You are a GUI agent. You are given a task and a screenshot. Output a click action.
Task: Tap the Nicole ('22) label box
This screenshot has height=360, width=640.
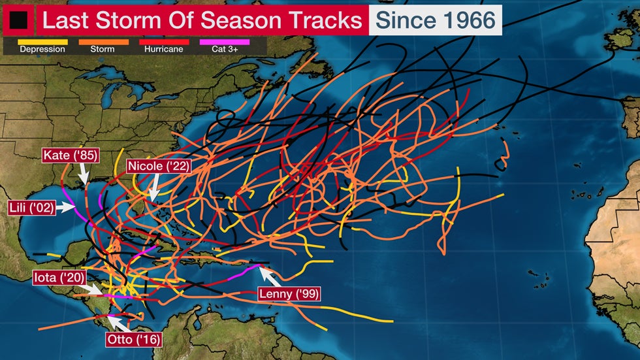158,166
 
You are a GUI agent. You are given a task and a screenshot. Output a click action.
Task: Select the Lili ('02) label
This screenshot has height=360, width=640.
30,208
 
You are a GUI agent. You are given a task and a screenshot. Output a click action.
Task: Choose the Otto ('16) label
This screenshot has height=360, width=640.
133,340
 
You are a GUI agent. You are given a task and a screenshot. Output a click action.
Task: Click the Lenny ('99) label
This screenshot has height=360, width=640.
289,294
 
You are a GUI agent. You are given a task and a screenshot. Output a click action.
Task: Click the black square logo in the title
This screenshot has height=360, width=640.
18,20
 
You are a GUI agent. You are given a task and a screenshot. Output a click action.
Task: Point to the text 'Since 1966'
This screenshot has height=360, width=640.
435,20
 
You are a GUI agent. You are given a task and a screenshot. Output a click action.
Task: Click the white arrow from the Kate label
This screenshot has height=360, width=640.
84,174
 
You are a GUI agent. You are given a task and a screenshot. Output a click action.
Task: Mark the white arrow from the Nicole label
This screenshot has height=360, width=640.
153,188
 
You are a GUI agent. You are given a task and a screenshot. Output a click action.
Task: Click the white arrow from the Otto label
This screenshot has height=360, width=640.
116,323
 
